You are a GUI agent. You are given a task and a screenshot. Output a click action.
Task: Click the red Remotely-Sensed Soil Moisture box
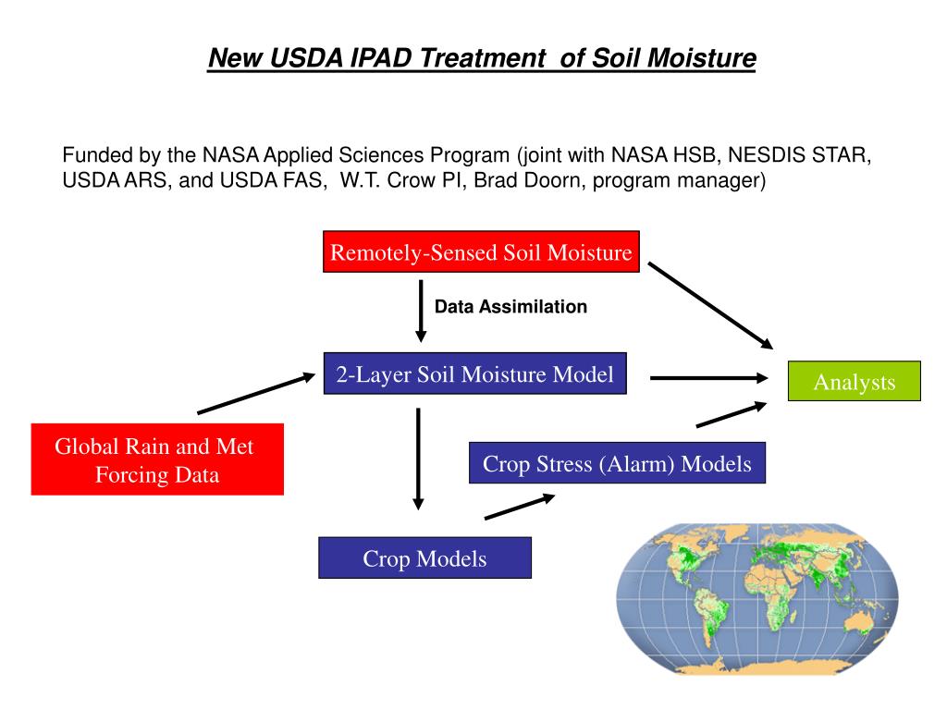click(x=482, y=252)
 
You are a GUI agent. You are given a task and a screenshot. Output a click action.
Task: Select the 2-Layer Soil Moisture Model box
click(x=474, y=374)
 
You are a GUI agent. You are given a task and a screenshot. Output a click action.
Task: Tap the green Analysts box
click(x=854, y=382)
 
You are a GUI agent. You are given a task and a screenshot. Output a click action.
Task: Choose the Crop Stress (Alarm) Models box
click(x=617, y=463)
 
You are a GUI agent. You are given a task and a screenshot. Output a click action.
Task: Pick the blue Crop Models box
click(x=424, y=558)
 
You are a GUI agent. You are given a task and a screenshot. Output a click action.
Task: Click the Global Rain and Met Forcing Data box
click(x=156, y=460)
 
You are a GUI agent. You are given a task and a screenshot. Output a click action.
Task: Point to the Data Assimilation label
click(x=510, y=307)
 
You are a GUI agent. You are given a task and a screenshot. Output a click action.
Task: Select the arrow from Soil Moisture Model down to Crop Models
click(x=418, y=458)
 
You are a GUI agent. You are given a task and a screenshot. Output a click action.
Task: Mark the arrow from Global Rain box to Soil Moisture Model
click(x=256, y=393)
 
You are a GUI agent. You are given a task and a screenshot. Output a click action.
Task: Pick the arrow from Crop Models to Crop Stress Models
click(x=519, y=507)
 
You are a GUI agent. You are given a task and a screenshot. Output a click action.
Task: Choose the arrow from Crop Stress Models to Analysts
click(x=731, y=414)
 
